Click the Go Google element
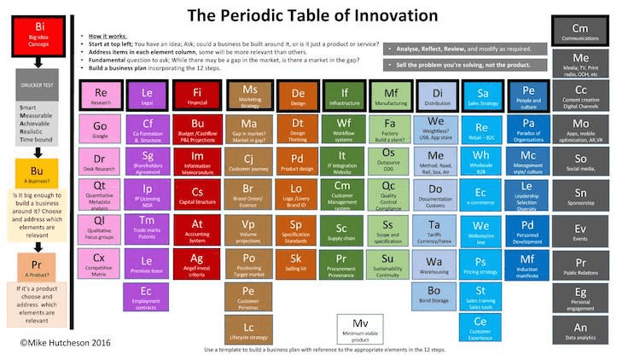pyautogui.click(x=99, y=128)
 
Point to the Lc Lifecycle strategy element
pyautogui.click(x=248, y=330)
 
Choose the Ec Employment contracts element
pyautogui.click(x=148, y=295)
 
